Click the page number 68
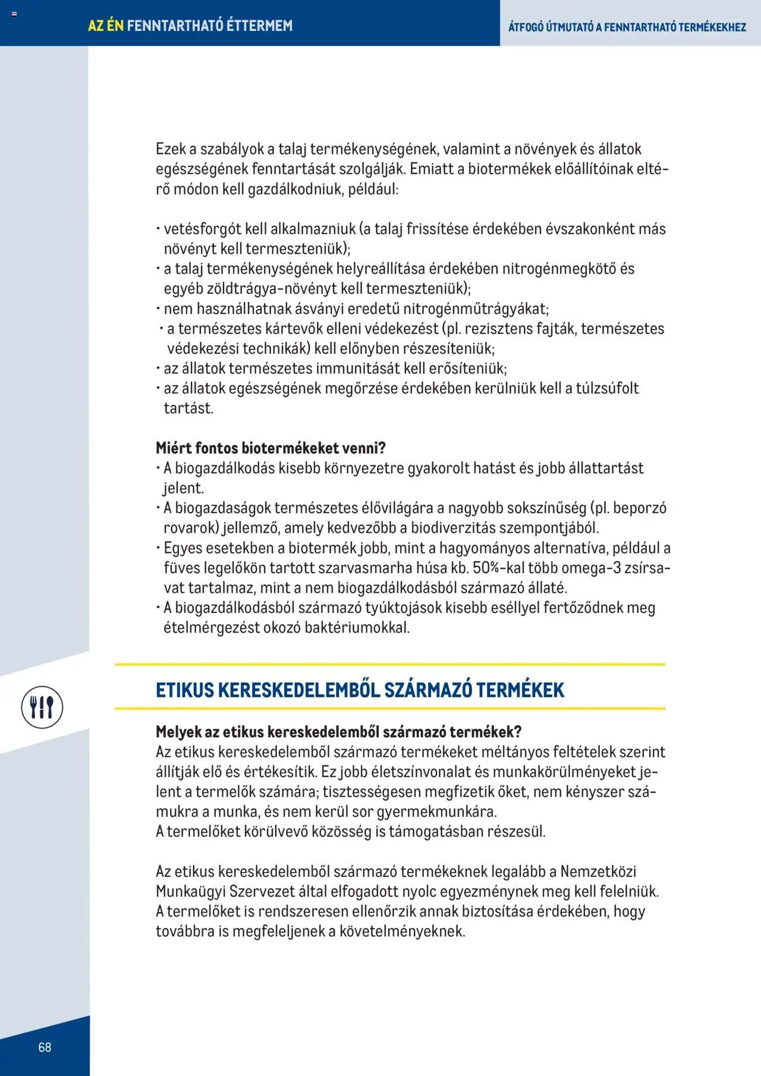[x=45, y=1047]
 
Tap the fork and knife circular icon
[x=42, y=707]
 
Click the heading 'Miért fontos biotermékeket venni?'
[x=271, y=448]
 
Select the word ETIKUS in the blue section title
[x=184, y=690]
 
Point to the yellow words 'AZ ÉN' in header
[x=105, y=26]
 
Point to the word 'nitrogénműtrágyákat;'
[x=476, y=309]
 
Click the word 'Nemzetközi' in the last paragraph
[x=598, y=872]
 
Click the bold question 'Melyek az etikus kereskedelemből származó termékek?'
[x=338, y=732]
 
